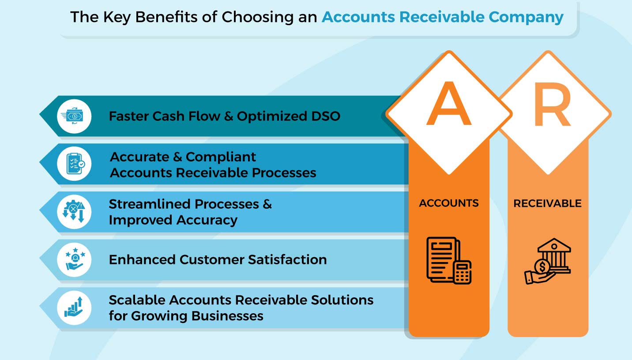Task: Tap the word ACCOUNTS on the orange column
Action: [449, 203]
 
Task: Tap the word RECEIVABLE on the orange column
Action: [547, 203]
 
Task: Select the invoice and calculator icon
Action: [449, 260]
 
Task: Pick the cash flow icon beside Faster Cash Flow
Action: [74, 116]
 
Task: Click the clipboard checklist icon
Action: [74, 164]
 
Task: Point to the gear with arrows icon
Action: [74, 212]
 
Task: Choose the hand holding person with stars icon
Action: [74, 260]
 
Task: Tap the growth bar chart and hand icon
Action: [74, 307]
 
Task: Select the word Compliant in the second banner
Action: [221, 157]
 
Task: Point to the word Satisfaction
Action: [287, 260]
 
